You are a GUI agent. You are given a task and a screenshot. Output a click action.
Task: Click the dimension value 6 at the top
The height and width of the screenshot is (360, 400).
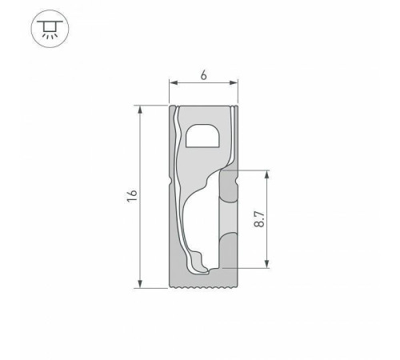coord(205,74)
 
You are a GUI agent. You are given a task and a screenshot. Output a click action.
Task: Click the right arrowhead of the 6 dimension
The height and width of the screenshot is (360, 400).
coord(236,83)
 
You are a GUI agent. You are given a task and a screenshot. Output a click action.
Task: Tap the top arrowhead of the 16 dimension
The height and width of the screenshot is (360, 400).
coord(141,109)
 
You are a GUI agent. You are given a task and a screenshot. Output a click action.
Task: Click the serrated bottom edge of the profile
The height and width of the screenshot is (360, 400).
coord(205,285)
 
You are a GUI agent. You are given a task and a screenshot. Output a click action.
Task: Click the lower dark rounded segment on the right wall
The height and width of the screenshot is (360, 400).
coord(230,248)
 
